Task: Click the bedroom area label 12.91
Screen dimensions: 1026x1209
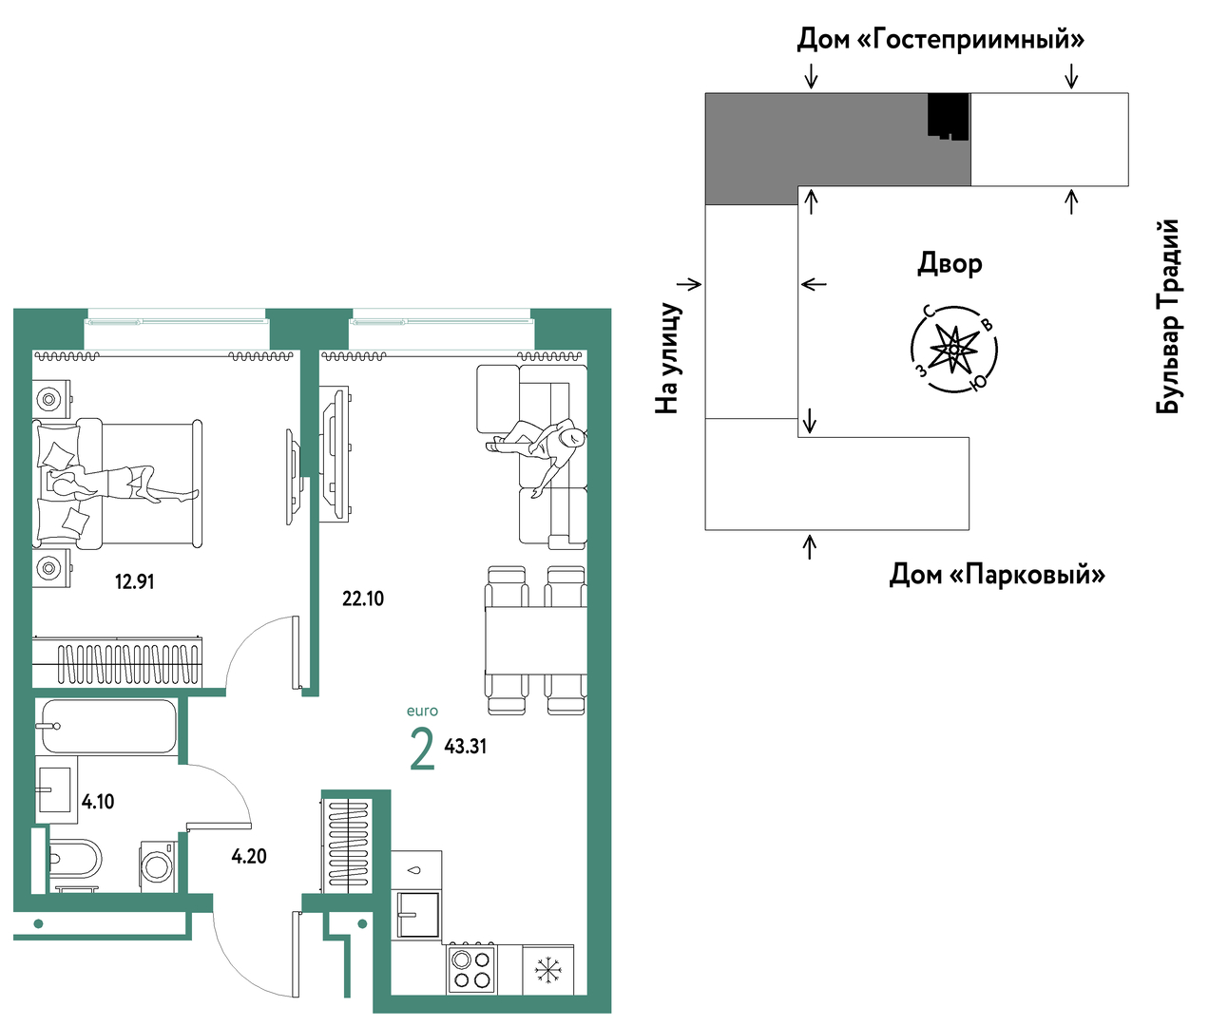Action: point(134,581)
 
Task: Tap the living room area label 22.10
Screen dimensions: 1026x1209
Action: point(363,598)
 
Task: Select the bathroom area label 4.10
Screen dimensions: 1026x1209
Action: point(98,802)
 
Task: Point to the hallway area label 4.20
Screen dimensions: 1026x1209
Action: point(249,856)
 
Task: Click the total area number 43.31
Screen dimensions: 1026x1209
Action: point(466,747)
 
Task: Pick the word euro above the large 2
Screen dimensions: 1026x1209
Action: point(422,711)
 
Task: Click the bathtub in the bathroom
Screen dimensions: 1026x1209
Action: point(108,727)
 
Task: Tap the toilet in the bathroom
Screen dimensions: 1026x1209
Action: point(74,859)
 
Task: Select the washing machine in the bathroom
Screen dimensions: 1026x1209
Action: point(157,864)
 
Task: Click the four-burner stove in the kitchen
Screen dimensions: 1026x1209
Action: point(470,969)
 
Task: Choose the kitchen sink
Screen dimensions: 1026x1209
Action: point(417,914)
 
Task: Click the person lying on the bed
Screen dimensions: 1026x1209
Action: point(119,484)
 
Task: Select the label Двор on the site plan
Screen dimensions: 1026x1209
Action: point(950,263)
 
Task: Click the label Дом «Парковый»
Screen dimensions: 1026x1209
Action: point(997,575)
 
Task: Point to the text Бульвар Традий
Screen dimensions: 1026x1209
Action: point(1168,316)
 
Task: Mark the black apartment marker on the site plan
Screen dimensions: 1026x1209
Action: point(948,116)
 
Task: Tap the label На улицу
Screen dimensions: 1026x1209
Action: point(668,358)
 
